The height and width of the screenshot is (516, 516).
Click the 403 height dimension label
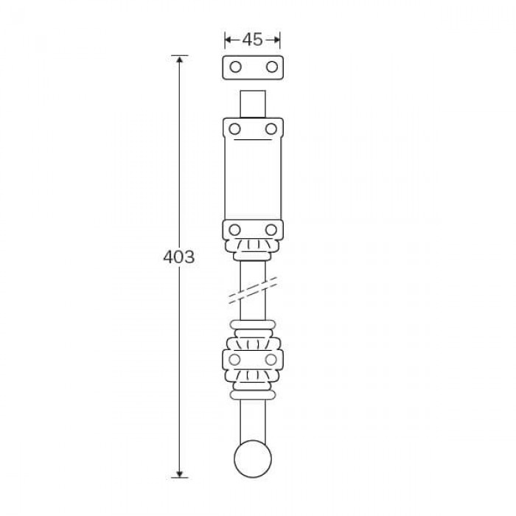[179, 257]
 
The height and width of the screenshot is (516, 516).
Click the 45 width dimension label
[252, 40]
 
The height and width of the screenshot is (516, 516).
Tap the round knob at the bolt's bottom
[253, 459]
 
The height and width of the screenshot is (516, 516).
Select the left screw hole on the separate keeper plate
[235, 67]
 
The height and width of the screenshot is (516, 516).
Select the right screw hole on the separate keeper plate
[272, 67]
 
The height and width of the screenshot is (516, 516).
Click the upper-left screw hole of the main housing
[234, 129]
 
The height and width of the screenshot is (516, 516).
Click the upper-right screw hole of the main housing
[271, 129]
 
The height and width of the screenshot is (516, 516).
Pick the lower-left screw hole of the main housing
[234, 230]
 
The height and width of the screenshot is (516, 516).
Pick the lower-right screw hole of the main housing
[271, 230]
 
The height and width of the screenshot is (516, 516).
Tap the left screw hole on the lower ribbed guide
[234, 360]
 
